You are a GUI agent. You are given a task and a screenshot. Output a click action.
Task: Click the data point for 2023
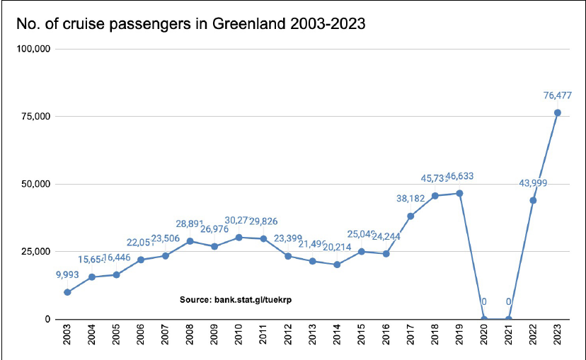pyautogui.click(x=557, y=112)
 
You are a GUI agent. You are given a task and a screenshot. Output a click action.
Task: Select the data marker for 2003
pyautogui.click(x=67, y=292)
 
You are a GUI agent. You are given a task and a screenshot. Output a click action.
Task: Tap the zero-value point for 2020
pyautogui.click(x=484, y=319)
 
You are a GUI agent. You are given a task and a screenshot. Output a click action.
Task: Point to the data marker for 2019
pyautogui.click(x=459, y=193)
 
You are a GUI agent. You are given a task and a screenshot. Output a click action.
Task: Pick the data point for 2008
pyautogui.click(x=190, y=241)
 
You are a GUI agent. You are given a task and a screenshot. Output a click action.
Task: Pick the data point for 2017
pyautogui.click(x=410, y=216)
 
